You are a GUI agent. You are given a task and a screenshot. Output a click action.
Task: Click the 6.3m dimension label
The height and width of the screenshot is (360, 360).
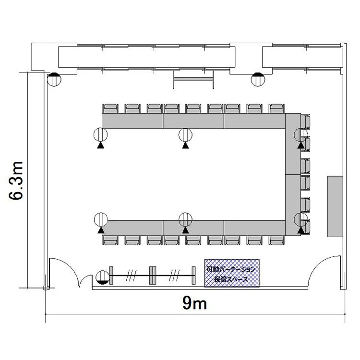(16, 180)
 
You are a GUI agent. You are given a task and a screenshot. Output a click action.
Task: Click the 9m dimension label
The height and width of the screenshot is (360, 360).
(194, 303)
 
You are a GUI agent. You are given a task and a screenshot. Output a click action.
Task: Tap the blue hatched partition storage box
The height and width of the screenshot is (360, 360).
(232, 273)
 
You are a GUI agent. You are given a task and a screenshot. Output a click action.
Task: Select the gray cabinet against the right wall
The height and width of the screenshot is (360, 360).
(335, 206)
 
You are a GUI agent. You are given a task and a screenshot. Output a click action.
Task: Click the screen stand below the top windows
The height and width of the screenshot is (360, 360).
(193, 79)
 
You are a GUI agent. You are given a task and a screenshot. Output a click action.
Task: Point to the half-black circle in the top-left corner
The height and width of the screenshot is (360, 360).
(54, 79)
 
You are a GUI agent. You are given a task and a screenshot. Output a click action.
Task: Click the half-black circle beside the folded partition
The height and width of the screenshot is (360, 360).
(102, 277)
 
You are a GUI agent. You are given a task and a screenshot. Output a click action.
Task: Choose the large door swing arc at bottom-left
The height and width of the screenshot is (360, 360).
(69, 266)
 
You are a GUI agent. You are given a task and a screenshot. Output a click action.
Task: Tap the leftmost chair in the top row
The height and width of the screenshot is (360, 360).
(110, 108)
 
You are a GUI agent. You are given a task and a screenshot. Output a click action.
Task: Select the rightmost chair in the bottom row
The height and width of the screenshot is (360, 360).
(277, 240)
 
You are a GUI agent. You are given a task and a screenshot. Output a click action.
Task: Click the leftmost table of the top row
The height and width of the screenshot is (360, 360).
(132, 121)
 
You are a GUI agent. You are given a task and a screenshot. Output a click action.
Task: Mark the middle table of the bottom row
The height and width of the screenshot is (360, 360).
(193, 228)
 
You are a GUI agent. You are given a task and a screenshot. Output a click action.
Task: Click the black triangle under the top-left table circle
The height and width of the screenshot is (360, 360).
(100, 145)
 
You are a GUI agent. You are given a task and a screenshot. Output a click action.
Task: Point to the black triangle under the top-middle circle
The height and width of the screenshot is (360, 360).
(185, 145)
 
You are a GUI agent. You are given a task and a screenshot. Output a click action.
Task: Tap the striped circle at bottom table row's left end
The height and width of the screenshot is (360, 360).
(101, 219)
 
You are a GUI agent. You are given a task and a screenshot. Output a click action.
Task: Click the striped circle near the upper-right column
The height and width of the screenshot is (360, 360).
(258, 79)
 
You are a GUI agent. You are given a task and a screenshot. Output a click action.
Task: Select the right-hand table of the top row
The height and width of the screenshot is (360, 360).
(254, 121)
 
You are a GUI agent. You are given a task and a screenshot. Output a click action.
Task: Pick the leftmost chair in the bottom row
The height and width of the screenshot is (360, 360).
(110, 240)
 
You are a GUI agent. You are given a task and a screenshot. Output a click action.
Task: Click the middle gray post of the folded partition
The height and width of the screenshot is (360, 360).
(153, 276)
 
